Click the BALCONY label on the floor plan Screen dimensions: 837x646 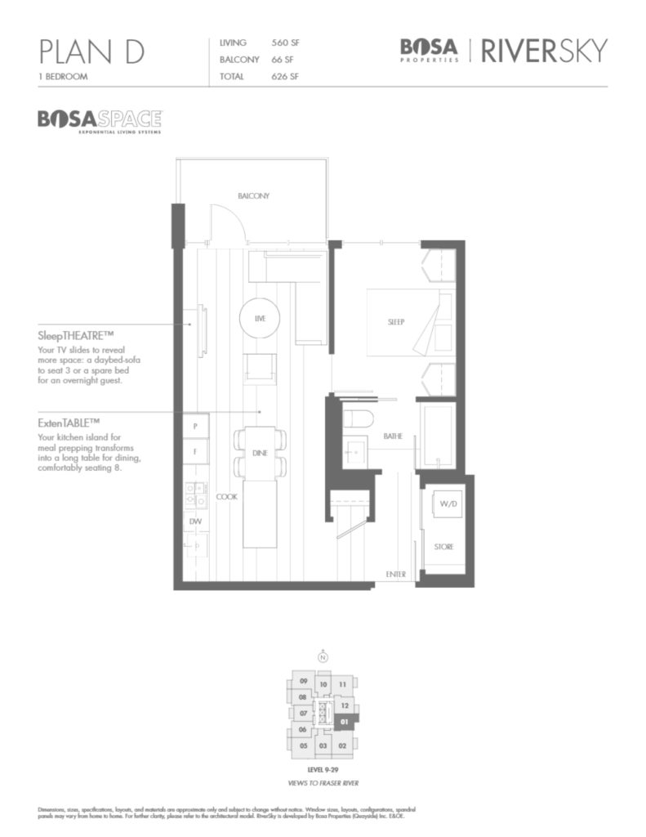(x=253, y=196)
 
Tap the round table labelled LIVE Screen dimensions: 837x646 (x=261, y=317)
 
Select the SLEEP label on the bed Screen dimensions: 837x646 (x=396, y=322)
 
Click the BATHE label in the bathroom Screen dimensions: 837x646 (x=393, y=437)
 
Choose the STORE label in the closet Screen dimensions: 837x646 (x=443, y=546)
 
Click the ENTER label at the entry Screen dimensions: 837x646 (x=395, y=575)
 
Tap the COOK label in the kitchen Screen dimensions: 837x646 (x=226, y=496)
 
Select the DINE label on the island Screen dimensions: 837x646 (x=260, y=452)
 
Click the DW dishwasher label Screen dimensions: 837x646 (x=195, y=520)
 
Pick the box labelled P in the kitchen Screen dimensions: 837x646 (x=196, y=426)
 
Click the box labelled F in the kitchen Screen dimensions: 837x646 (x=196, y=450)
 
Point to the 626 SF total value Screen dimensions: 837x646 (x=286, y=77)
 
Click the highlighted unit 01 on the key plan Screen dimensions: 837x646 (x=345, y=722)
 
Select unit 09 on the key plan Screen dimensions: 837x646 (x=303, y=681)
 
